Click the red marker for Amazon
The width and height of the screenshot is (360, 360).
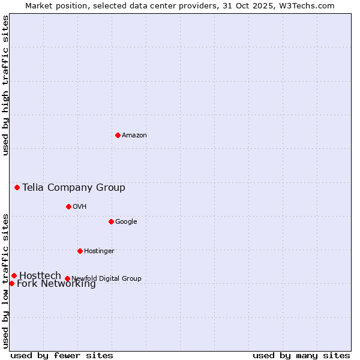pyautogui.click(x=118, y=135)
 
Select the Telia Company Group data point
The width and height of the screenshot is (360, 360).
pyautogui.click(x=17, y=187)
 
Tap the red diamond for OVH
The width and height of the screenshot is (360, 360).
pyautogui.click(x=68, y=206)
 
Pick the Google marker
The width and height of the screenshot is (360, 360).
pyautogui.click(x=111, y=221)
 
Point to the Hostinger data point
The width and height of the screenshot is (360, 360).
pyautogui.click(x=80, y=251)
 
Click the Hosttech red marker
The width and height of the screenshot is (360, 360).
pyautogui.click(x=14, y=275)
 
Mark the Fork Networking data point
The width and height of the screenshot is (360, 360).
pyautogui.click(x=11, y=283)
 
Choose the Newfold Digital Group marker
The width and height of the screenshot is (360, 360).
pyautogui.click(x=67, y=278)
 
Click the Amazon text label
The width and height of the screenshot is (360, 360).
pyautogui.click(x=134, y=136)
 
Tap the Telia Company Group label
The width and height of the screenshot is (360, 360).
pyautogui.click(x=74, y=188)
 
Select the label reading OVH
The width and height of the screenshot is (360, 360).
pyautogui.click(x=80, y=207)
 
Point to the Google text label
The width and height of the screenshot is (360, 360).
pyautogui.click(x=126, y=222)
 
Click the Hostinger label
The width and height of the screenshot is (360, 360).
pyautogui.click(x=99, y=251)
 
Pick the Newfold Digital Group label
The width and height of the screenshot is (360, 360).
pyautogui.click(x=106, y=278)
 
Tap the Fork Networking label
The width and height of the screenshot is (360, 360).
pyautogui.click(x=56, y=284)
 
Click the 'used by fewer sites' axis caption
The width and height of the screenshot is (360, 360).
pyautogui.click(x=62, y=355)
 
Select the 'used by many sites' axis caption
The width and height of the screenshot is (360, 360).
pyautogui.click(x=301, y=355)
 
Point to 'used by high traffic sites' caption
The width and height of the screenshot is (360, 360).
pyautogui.click(x=6, y=86)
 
